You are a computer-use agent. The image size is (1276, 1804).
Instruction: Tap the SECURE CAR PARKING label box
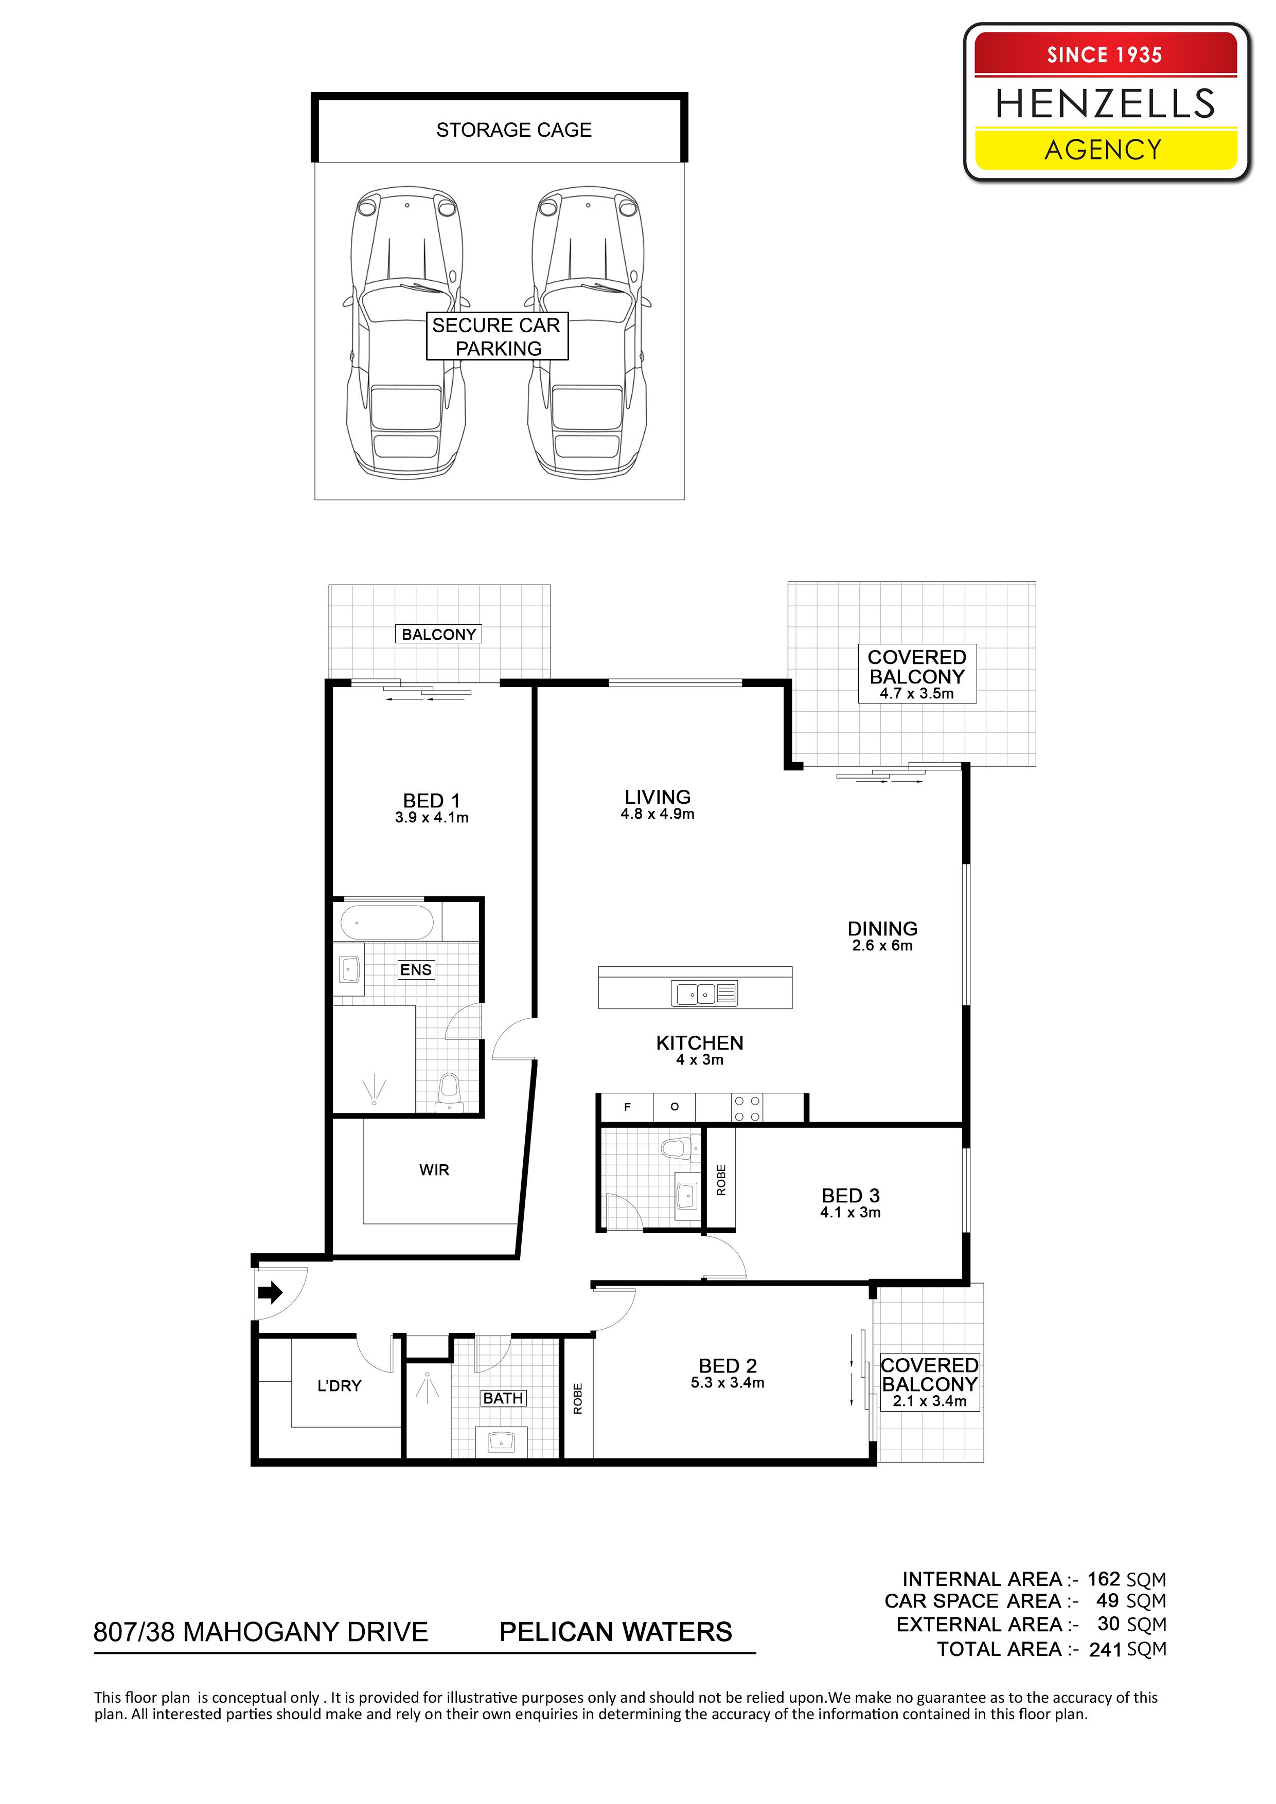click(497, 336)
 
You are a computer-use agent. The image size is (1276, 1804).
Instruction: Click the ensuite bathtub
click(387, 923)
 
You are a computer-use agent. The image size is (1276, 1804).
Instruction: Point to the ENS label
click(416, 969)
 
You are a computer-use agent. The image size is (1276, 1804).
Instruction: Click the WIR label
click(434, 1170)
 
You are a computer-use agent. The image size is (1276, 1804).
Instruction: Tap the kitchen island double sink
click(704, 994)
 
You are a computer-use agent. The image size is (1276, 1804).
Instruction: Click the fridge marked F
click(627, 1108)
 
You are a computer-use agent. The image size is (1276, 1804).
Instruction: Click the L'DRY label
click(339, 1386)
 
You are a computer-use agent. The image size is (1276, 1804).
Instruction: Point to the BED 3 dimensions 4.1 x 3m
click(850, 1213)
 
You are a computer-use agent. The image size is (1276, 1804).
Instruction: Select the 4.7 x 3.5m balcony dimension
click(917, 694)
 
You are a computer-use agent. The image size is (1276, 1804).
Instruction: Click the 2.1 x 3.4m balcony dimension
click(929, 1401)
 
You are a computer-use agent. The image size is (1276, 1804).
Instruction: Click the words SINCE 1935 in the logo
click(1105, 55)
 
